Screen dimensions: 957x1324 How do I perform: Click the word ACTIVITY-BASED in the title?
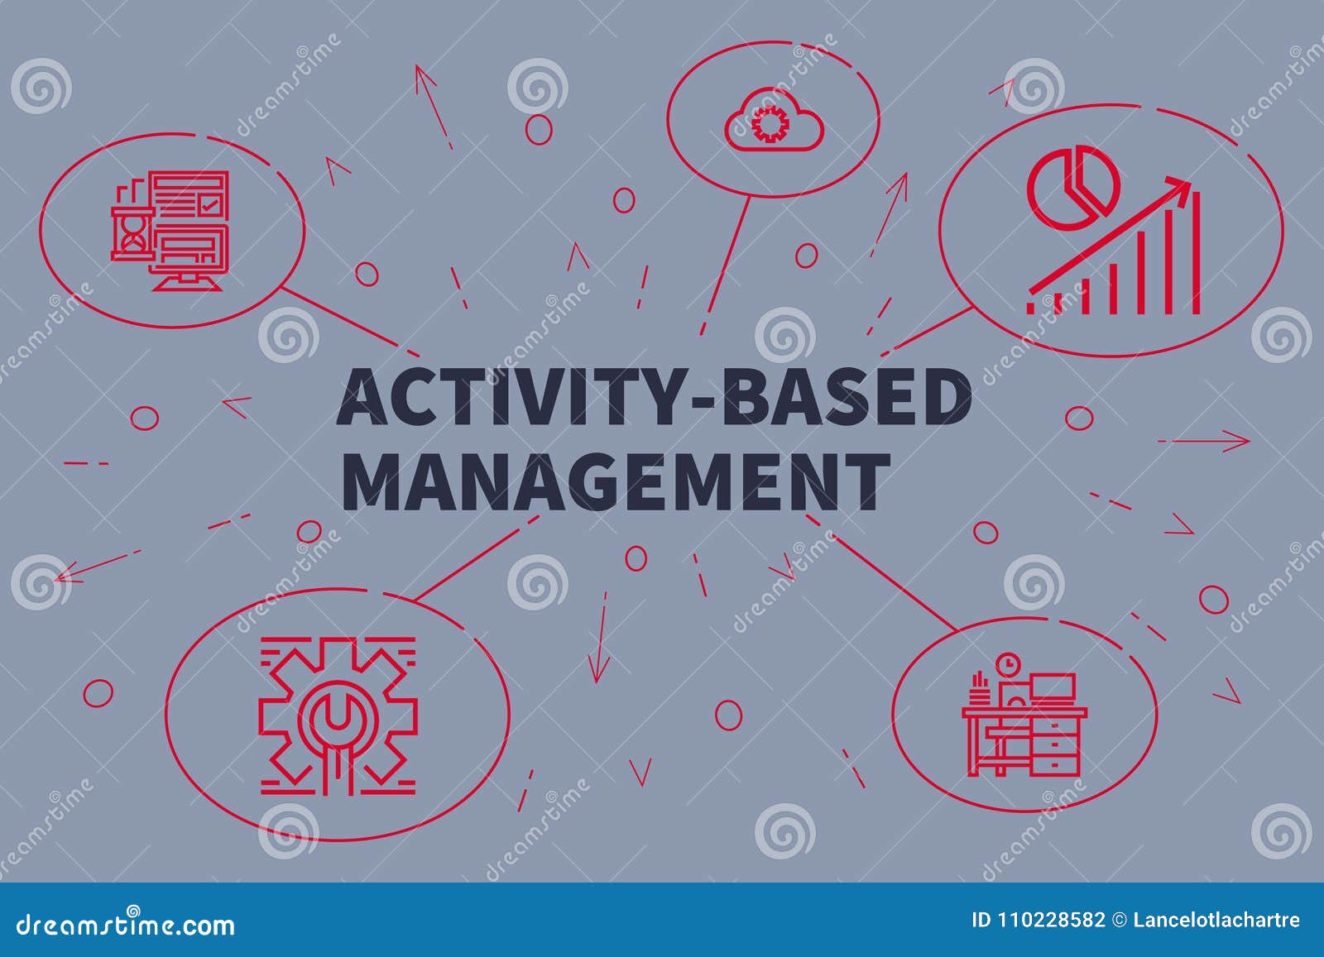[654, 399]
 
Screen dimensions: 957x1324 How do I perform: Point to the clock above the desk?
[1008, 664]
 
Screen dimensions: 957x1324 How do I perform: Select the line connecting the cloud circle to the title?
[726, 265]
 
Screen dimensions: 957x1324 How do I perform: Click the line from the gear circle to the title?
[476, 556]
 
